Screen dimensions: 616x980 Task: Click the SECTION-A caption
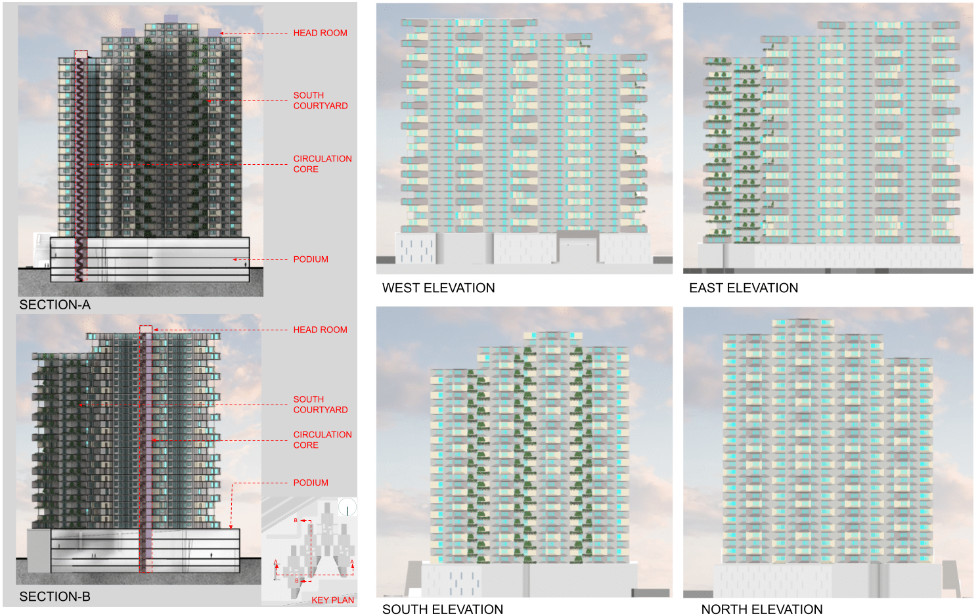[x=55, y=305]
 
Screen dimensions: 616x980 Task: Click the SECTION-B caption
[x=55, y=596]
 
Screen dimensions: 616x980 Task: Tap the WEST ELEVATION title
[x=438, y=288]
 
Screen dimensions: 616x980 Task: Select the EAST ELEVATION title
[x=744, y=288]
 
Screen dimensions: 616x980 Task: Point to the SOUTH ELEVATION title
[x=443, y=609]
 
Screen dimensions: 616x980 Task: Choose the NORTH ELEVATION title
[x=761, y=609]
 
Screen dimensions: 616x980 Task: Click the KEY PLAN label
[x=332, y=600]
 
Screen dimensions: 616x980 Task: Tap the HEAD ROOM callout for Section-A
[x=320, y=33]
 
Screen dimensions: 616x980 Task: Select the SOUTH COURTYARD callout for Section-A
[x=321, y=100]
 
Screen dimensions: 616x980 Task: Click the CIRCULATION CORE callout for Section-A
[x=323, y=164]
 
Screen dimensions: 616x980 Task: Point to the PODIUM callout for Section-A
[x=311, y=259]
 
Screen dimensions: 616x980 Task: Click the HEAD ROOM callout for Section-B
[x=320, y=330]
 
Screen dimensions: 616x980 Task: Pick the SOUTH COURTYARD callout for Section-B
[x=321, y=405]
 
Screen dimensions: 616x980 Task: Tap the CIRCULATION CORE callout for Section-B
[x=323, y=439]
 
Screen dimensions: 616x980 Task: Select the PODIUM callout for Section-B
[x=311, y=483]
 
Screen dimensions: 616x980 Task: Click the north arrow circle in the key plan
[x=347, y=507]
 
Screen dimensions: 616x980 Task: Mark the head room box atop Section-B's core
[x=146, y=329]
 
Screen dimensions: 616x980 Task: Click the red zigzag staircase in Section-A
[x=81, y=164]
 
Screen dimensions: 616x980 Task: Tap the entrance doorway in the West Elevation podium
[x=578, y=249]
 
